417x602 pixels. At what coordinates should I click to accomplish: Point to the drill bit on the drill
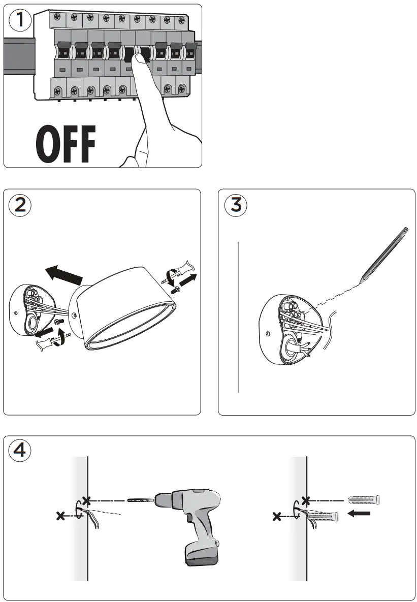point(140,500)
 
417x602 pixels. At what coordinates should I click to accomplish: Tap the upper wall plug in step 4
point(364,500)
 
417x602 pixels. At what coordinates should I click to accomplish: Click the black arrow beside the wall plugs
point(360,514)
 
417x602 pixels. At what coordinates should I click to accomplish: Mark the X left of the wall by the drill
point(60,516)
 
